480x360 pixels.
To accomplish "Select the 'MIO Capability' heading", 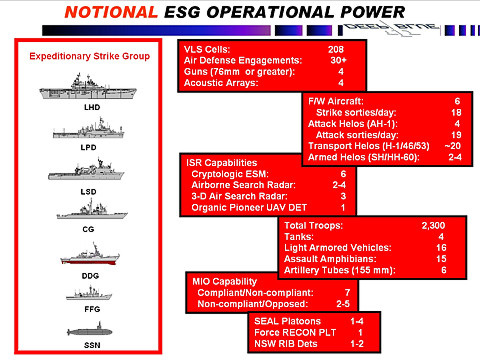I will pyautogui.click(x=221, y=281).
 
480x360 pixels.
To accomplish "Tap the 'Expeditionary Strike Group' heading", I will pyautogui.click(x=91, y=56).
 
